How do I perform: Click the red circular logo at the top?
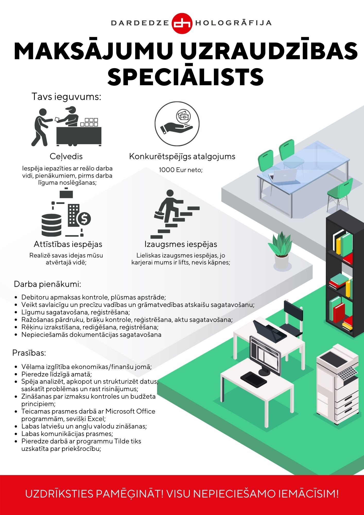click(182, 23)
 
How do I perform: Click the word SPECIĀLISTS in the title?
click(185, 77)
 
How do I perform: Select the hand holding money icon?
click(177, 124)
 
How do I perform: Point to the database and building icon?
click(66, 213)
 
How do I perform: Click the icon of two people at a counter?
click(66, 126)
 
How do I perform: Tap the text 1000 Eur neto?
click(181, 170)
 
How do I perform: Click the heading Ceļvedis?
click(66, 156)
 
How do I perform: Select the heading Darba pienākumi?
click(48, 284)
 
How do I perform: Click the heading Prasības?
click(29, 353)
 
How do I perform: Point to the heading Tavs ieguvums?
click(66, 97)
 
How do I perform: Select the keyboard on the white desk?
click(254, 378)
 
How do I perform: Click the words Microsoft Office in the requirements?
click(130, 411)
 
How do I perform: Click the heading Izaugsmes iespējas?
click(181, 244)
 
